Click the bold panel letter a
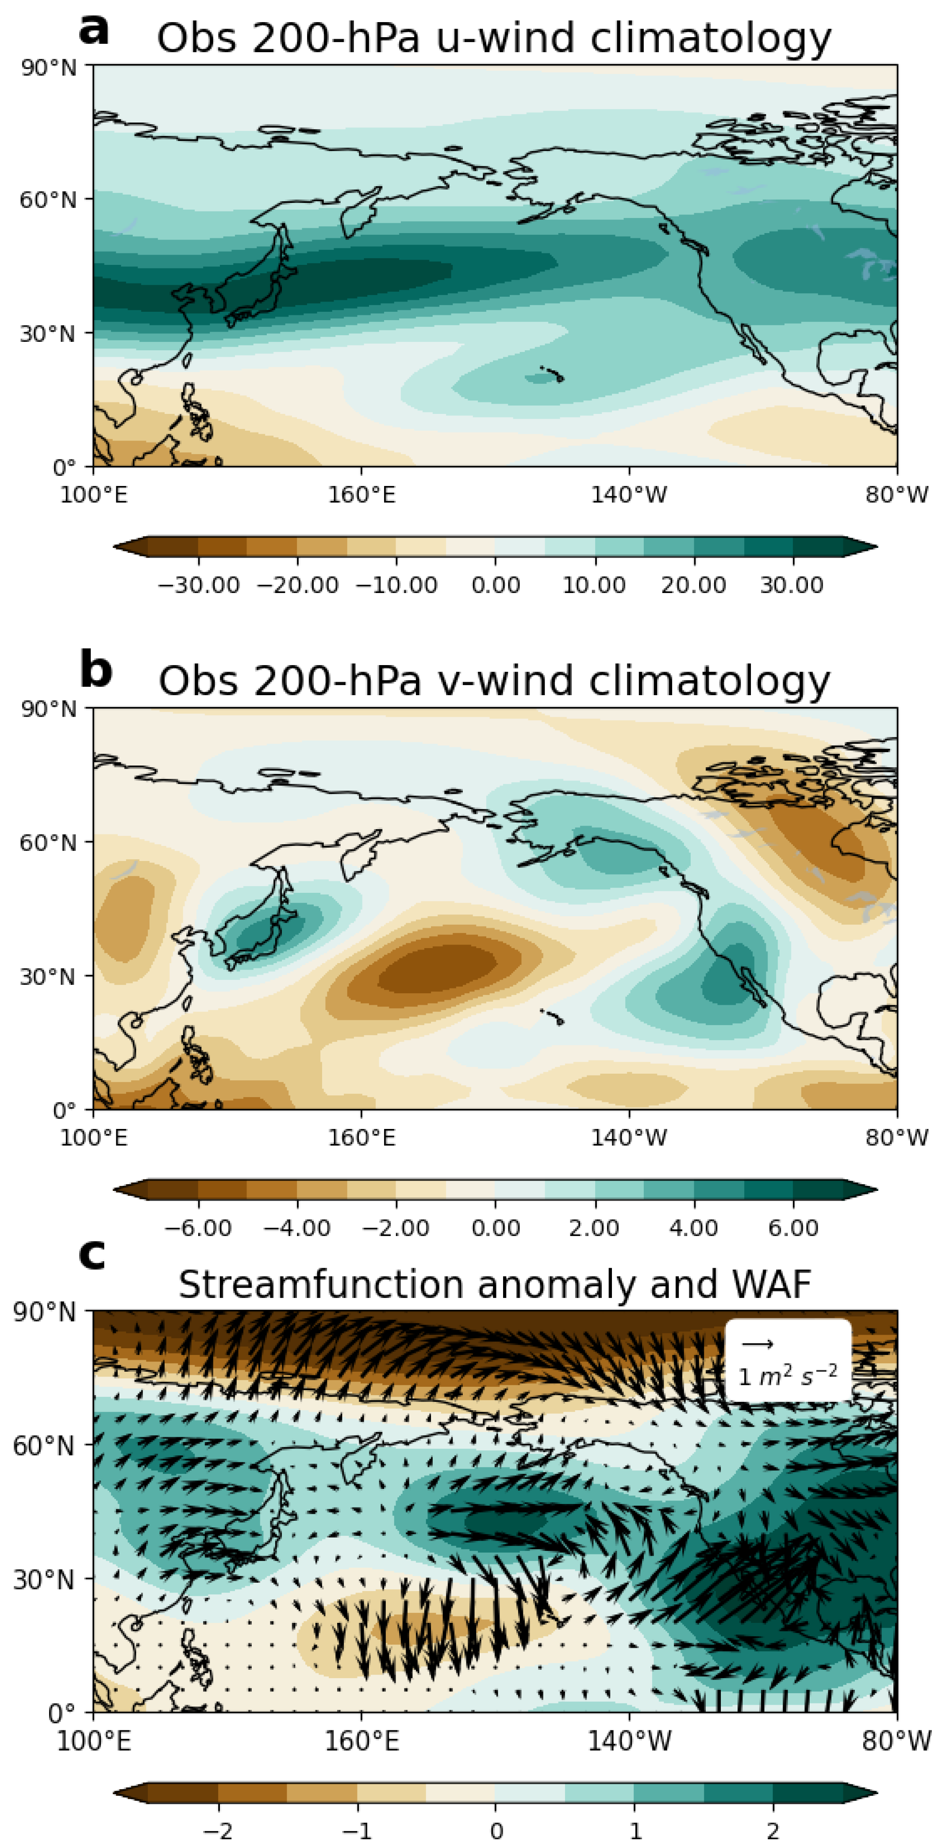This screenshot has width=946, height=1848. (94, 30)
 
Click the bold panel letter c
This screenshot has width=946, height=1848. (92, 1255)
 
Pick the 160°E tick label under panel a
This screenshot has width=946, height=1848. (361, 494)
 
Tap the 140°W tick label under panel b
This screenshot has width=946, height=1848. (629, 1137)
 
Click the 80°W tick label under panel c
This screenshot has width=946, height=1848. (896, 1741)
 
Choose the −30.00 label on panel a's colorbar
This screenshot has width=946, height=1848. (199, 585)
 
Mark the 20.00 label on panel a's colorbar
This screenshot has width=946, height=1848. (693, 585)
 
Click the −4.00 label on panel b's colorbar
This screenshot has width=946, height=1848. (297, 1228)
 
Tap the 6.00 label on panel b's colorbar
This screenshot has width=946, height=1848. (793, 1228)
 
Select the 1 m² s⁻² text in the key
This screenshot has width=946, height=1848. (788, 1374)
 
